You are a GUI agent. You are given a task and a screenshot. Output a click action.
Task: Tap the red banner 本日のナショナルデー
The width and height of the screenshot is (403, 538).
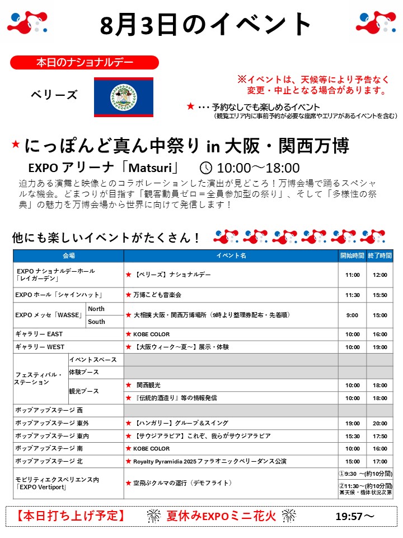85,62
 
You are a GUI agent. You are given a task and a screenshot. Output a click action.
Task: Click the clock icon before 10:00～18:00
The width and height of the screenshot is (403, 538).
206,168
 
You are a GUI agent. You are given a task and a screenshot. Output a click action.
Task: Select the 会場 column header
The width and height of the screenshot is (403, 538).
69,256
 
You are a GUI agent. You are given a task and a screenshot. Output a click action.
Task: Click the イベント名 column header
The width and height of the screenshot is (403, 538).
231,256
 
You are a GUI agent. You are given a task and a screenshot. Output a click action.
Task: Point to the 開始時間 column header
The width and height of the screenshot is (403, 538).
352,256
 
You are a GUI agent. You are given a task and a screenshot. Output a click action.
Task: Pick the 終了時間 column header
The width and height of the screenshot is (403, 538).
379,256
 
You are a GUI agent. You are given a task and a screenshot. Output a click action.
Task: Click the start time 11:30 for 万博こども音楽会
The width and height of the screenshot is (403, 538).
352,295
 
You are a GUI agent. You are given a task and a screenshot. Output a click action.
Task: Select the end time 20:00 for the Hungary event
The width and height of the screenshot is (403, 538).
379,423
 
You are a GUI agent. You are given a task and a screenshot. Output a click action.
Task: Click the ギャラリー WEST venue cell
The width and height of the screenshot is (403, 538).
40,347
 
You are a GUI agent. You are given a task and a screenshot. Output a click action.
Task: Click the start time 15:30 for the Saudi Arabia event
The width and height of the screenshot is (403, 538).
352,436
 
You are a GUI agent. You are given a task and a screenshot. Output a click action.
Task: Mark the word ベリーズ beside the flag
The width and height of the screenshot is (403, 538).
54,95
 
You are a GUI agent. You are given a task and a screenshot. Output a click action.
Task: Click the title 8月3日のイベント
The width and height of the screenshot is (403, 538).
206,25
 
